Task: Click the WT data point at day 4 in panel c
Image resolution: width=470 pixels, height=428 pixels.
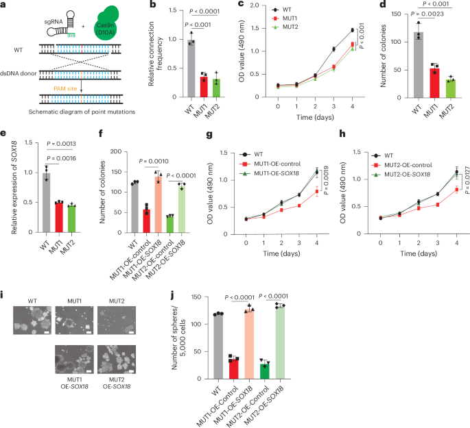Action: tap(352, 30)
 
